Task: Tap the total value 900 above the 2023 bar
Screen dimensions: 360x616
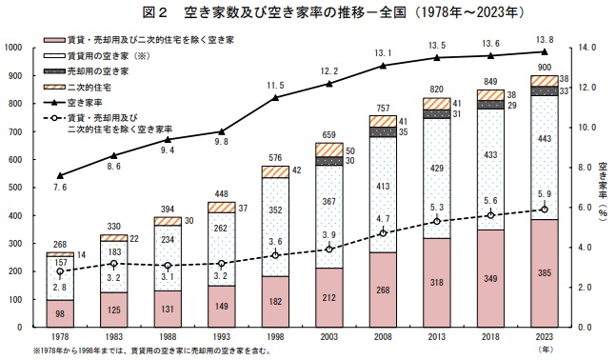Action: point(544,68)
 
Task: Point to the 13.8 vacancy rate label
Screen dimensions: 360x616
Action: point(544,40)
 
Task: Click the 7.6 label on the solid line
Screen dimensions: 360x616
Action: point(59,189)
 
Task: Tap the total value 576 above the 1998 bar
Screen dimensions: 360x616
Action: point(275,157)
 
